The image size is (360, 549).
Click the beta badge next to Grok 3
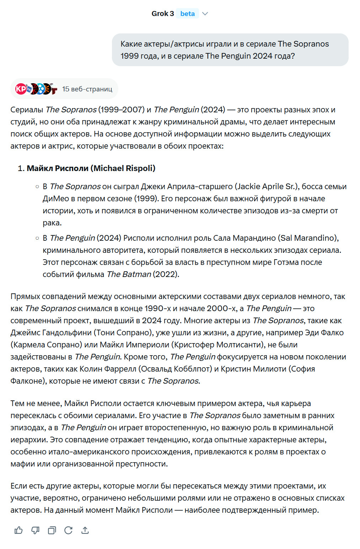tap(187, 14)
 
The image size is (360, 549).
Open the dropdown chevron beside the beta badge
tap(205, 14)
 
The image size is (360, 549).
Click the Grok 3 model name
tap(162, 14)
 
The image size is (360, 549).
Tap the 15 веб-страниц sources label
tap(87, 89)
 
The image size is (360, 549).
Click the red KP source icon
tap(20, 89)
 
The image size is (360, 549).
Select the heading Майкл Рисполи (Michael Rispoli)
tap(91, 168)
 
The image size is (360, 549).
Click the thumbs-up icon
tap(18, 531)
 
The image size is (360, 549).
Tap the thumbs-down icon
tap(35, 531)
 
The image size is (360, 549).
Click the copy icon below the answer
tap(52, 531)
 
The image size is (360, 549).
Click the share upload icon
tap(85, 531)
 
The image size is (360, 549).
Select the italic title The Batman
tap(129, 274)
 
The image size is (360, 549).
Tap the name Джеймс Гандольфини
tap(51, 332)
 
